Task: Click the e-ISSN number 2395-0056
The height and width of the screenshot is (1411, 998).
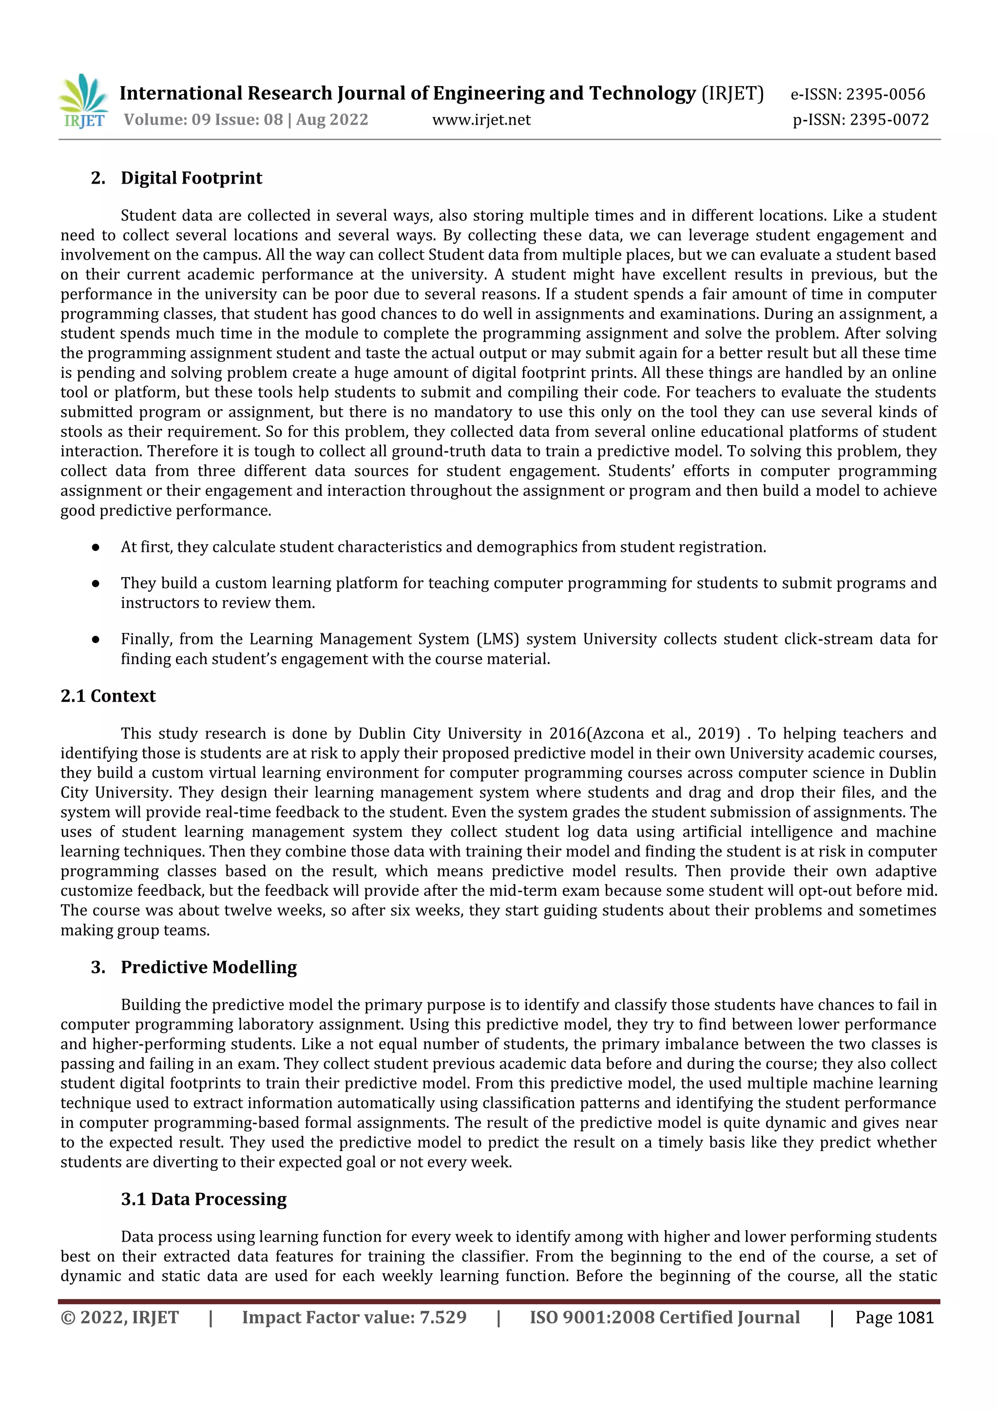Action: click(x=885, y=94)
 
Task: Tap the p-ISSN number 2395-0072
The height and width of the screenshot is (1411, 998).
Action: click(x=888, y=120)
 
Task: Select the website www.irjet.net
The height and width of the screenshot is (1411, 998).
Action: click(x=481, y=120)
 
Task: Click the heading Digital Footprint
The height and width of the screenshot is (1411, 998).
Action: click(x=191, y=178)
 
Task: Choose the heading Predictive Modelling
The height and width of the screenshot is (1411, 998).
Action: click(x=209, y=967)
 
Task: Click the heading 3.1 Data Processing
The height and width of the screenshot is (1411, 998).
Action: click(x=204, y=1199)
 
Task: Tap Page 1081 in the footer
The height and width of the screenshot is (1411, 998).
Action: click(x=894, y=1317)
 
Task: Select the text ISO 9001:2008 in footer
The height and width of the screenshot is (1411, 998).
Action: click(x=591, y=1317)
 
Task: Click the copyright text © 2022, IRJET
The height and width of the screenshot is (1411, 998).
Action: click(x=119, y=1317)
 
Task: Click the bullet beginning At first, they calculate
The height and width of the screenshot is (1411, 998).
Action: click(x=443, y=547)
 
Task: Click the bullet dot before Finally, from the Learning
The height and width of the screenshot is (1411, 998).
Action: click(x=96, y=639)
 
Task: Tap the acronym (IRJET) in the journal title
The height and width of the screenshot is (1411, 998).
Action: click(x=732, y=94)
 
